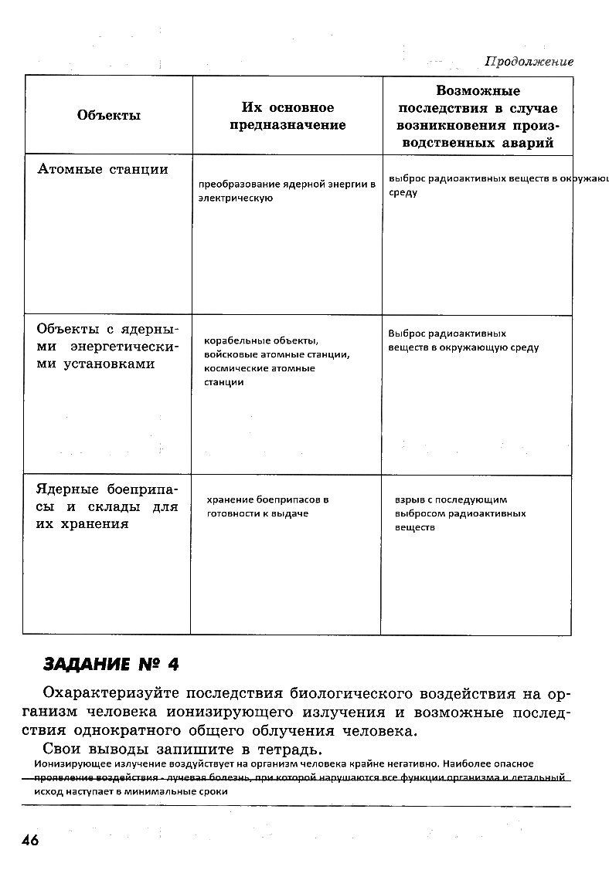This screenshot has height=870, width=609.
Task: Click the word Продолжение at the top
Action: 529,62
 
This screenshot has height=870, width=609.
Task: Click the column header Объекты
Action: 109,116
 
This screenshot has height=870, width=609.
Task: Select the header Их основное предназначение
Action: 287,116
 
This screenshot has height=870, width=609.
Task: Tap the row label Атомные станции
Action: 103,169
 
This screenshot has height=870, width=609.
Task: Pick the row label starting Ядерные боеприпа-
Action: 107,506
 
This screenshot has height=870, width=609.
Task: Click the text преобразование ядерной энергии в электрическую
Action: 286,191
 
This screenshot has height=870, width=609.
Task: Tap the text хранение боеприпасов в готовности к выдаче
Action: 267,506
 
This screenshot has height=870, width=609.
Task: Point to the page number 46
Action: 31,840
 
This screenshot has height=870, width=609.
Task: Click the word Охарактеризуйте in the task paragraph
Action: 107,692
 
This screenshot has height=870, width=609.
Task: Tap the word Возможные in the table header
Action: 478,91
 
